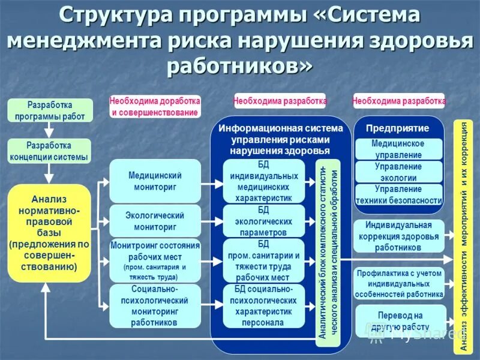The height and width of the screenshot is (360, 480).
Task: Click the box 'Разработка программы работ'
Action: pos(50,110)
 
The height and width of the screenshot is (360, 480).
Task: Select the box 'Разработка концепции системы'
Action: pos(49,151)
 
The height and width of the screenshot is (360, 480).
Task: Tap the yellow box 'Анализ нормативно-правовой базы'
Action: pos(49,233)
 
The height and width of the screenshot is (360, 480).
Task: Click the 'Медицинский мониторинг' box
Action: pos(155,181)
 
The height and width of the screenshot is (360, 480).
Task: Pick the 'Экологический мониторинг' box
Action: pos(155,221)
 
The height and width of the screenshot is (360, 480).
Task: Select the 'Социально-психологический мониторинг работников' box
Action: pos(155,305)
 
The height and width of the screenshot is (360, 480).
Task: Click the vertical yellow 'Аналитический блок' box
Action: pos(328,252)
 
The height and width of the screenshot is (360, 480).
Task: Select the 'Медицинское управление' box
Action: pos(398,149)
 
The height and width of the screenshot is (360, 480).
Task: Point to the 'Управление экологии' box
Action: pos(398,172)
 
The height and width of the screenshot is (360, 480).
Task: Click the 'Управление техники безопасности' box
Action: pos(398,195)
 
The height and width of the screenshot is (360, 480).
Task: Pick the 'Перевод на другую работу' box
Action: pos(400,319)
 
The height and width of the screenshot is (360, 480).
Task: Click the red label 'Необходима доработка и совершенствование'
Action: pos(155,106)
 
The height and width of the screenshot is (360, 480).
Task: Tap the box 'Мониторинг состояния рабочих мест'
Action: pos(155,261)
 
